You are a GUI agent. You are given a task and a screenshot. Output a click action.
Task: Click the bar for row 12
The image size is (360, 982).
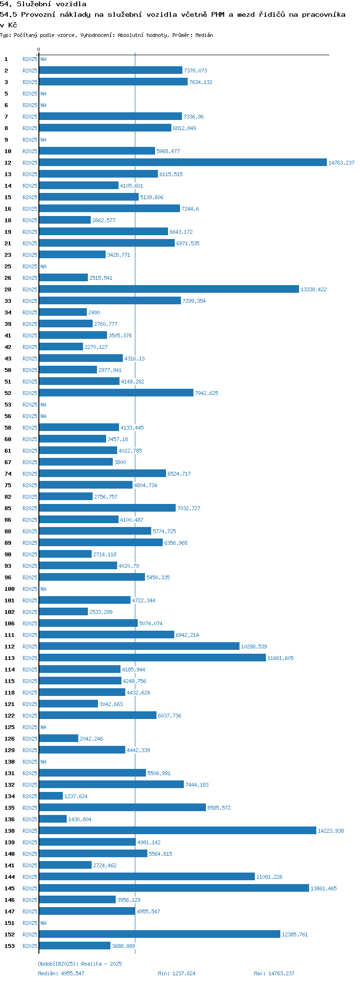point(182,163)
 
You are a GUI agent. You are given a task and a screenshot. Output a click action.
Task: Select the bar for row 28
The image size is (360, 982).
point(169,289)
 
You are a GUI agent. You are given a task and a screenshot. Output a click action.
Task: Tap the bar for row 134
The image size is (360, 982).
point(51,796)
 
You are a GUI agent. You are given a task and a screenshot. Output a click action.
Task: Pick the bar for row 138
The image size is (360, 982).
point(178,831)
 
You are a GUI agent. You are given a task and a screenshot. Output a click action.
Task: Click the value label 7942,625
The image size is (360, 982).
point(206,393)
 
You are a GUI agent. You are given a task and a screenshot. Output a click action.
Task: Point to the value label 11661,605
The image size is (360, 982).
point(280,658)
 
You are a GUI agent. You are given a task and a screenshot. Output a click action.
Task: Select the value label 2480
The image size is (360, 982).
point(94,312)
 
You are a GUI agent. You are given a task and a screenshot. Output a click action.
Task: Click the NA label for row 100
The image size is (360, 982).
point(43,589)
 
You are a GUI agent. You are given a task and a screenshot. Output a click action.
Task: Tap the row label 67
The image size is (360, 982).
point(8,462)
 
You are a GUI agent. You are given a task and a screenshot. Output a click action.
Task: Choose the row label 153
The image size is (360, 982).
point(10,946)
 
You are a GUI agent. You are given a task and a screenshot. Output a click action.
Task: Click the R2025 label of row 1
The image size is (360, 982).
point(30,59)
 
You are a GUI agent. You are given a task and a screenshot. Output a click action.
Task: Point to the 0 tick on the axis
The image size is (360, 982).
point(39,49)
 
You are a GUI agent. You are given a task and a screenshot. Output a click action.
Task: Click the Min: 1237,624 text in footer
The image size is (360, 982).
point(177,973)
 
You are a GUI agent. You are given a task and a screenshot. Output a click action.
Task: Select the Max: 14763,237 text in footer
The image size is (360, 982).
point(274,973)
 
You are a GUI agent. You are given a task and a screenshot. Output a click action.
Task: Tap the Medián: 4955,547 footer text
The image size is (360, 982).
point(61,973)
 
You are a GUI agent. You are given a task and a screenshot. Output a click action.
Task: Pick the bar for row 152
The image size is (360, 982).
point(159,934)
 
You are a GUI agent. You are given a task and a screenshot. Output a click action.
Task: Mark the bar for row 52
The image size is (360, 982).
point(116,393)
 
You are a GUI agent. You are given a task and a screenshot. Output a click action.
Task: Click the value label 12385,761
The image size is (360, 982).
point(295,934)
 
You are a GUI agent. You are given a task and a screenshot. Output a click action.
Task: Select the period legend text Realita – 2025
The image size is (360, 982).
point(101,964)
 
